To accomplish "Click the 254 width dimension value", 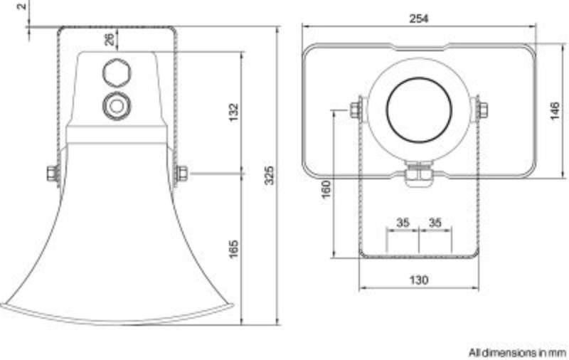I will tap(419, 19).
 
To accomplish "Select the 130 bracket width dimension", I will tap(419, 280).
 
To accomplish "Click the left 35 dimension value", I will tap(403, 223).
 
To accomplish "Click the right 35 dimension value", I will tap(435, 223).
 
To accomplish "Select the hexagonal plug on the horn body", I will tap(116, 72).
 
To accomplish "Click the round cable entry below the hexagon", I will tap(116, 105).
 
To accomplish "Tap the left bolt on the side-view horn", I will tap(52, 173).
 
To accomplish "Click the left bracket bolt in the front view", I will tap(355, 110).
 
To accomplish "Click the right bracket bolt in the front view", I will tap(482, 110).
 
